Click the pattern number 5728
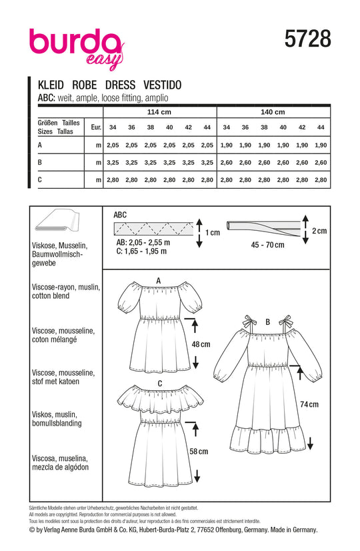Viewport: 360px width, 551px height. (x=308, y=39)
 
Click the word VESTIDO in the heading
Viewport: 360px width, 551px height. (x=162, y=85)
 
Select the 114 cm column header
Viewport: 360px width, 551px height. (x=159, y=112)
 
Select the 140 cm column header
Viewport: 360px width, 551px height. (x=273, y=112)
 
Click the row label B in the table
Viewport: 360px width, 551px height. (x=40, y=162)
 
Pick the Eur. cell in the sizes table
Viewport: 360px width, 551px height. (x=96, y=127)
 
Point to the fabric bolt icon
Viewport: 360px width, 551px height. (x=57, y=221)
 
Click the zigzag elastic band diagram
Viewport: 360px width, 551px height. (x=154, y=229)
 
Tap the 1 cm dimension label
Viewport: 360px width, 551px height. (x=213, y=233)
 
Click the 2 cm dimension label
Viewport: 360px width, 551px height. (x=319, y=231)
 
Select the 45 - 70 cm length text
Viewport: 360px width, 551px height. (x=267, y=245)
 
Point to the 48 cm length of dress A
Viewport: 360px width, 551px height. (x=201, y=344)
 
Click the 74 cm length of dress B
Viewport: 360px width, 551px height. (x=309, y=404)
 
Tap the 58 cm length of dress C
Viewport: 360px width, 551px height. (x=199, y=452)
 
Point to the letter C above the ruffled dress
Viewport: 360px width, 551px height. (x=160, y=384)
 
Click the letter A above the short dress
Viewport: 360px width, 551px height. (x=159, y=281)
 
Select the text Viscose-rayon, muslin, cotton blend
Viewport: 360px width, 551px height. (x=66, y=292)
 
